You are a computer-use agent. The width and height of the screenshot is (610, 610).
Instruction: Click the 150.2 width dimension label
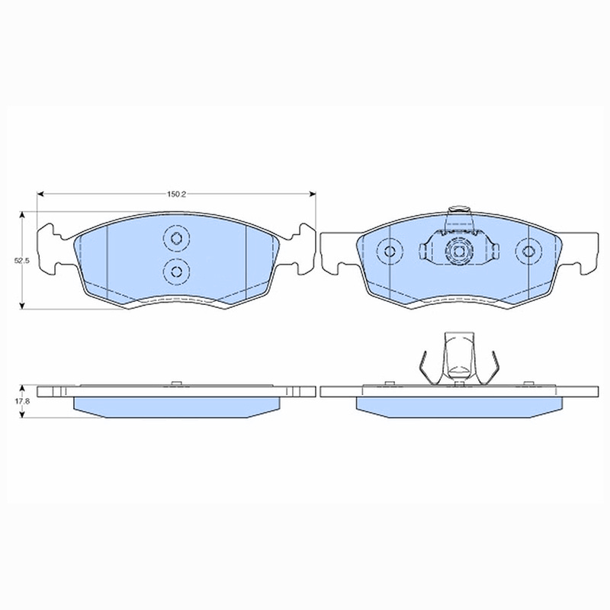[x=177, y=194]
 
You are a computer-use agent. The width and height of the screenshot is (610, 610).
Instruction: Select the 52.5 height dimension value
[x=22, y=261]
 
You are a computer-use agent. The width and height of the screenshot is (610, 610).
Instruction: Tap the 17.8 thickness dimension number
[x=22, y=401]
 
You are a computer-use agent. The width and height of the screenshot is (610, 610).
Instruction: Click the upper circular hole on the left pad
[x=177, y=238]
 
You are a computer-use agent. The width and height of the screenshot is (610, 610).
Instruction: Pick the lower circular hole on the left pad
[x=177, y=271]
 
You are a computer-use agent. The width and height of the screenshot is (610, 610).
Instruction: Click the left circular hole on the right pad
[x=390, y=251]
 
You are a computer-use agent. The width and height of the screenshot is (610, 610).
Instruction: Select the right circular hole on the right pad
[x=528, y=251]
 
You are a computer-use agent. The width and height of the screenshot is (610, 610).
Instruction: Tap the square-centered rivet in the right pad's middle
[x=459, y=252]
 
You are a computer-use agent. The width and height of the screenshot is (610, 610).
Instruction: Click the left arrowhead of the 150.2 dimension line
[x=40, y=194]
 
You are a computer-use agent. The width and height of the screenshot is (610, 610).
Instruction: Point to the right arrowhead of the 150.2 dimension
[x=313, y=194]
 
